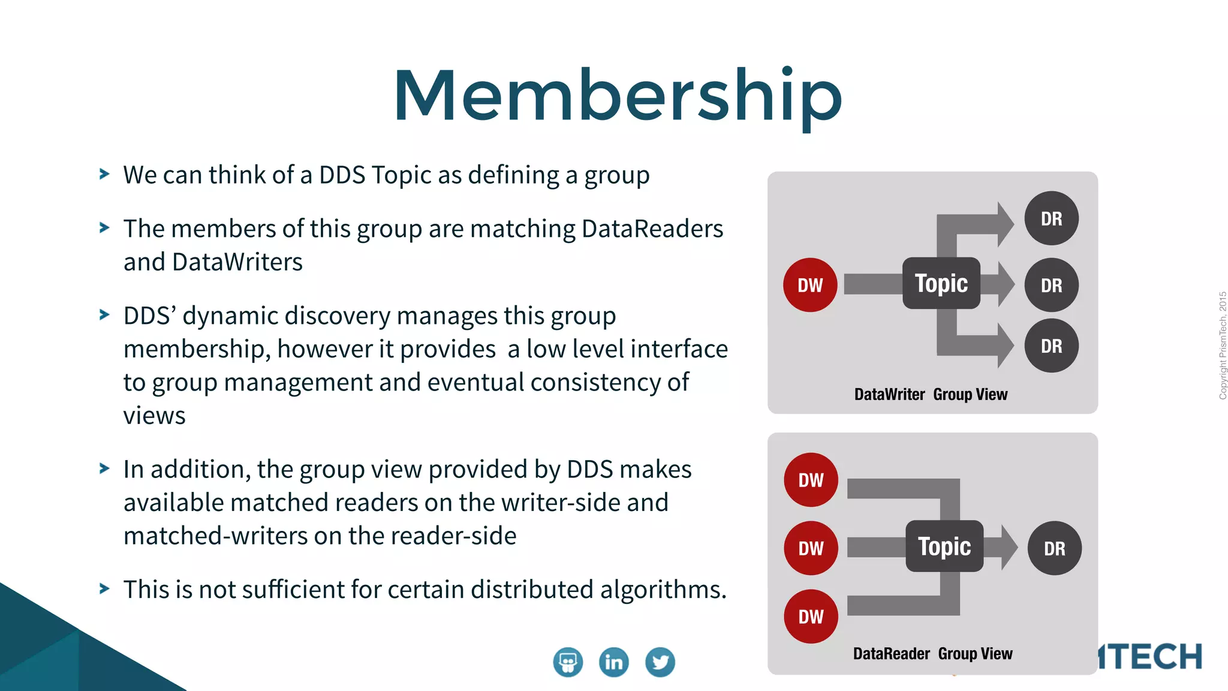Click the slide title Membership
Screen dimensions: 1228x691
point(618,96)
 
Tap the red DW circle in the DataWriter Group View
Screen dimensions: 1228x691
point(810,285)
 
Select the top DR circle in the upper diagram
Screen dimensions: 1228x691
point(1051,218)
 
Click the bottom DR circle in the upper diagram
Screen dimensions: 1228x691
point(1051,345)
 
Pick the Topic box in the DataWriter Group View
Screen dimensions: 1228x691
point(941,283)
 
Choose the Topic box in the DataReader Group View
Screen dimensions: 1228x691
point(944,546)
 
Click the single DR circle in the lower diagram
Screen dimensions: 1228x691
point(1054,548)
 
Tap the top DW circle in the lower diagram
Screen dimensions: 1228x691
point(811,480)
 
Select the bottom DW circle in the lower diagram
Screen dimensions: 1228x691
point(811,617)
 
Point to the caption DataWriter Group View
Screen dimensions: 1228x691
point(931,394)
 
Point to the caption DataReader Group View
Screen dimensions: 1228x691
point(932,653)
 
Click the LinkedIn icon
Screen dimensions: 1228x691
point(613,662)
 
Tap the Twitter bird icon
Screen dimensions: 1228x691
point(660,662)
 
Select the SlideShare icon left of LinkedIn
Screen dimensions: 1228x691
point(567,662)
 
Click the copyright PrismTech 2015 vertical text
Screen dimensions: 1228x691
point(1223,345)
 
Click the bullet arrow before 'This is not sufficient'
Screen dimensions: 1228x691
point(104,589)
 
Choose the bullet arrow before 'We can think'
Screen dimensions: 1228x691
point(104,175)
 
